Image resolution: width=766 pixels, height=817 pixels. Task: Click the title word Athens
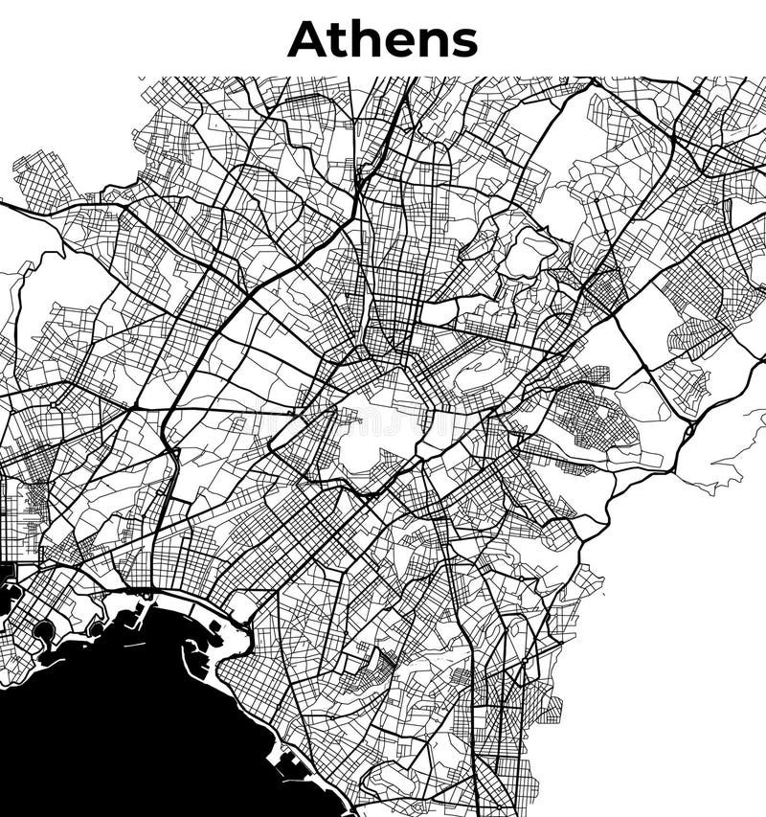point(382,39)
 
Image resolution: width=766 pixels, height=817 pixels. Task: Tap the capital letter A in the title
point(308,39)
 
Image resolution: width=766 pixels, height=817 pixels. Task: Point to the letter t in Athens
point(343,40)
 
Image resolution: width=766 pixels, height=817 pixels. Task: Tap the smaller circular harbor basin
point(96,628)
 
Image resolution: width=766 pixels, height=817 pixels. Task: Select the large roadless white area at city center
point(378,431)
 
